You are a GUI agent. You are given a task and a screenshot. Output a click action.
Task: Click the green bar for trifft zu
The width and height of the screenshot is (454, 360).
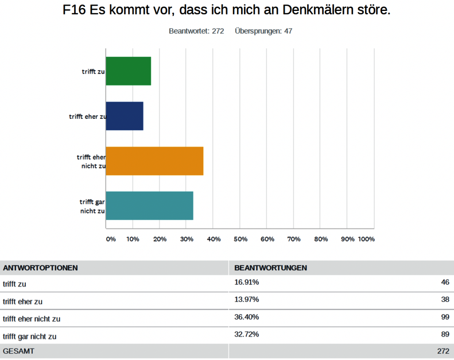pyautogui.click(x=129, y=71)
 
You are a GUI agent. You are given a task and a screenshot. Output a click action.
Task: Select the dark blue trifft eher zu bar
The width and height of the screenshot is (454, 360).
pyautogui.click(x=125, y=116)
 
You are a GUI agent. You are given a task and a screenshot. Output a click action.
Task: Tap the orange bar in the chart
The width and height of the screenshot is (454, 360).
pyautogui.click(x=154, y=161)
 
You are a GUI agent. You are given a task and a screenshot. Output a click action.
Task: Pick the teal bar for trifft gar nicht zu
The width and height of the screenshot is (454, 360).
pyautogui.click(x=149, y=206)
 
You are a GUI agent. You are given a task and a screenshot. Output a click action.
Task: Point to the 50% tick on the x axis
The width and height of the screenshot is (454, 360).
pyautogui.click(x=240, y=239)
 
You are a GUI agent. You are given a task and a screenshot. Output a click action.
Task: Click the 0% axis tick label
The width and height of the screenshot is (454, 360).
pyautogui.click(x=111, y=239)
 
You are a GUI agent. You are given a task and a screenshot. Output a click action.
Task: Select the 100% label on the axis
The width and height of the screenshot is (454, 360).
pyautogui.click(x=366, y=239)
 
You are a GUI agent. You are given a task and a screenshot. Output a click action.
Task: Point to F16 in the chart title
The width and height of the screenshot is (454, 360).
pyautogui.click(x=74, y=11)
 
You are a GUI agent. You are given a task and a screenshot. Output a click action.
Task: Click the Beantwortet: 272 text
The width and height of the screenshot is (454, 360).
pyautogui.click(x=196, y=31)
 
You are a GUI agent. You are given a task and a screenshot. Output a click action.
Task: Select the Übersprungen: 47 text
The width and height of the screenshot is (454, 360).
pyautogui.click(x=263, y=31)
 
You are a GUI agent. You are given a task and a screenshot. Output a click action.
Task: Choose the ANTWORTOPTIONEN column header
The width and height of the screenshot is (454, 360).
pyautogui.click(x=40, y=268)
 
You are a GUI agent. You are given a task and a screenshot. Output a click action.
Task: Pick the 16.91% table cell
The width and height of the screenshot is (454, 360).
pyautogui.click(x=247, y=282)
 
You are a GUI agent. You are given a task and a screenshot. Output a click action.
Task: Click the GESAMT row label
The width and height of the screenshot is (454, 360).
pyautogui.click(x=19, y=351)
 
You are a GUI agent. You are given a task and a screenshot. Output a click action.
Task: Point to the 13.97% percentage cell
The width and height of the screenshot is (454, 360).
pyautogui.click(x=247, y=300)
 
